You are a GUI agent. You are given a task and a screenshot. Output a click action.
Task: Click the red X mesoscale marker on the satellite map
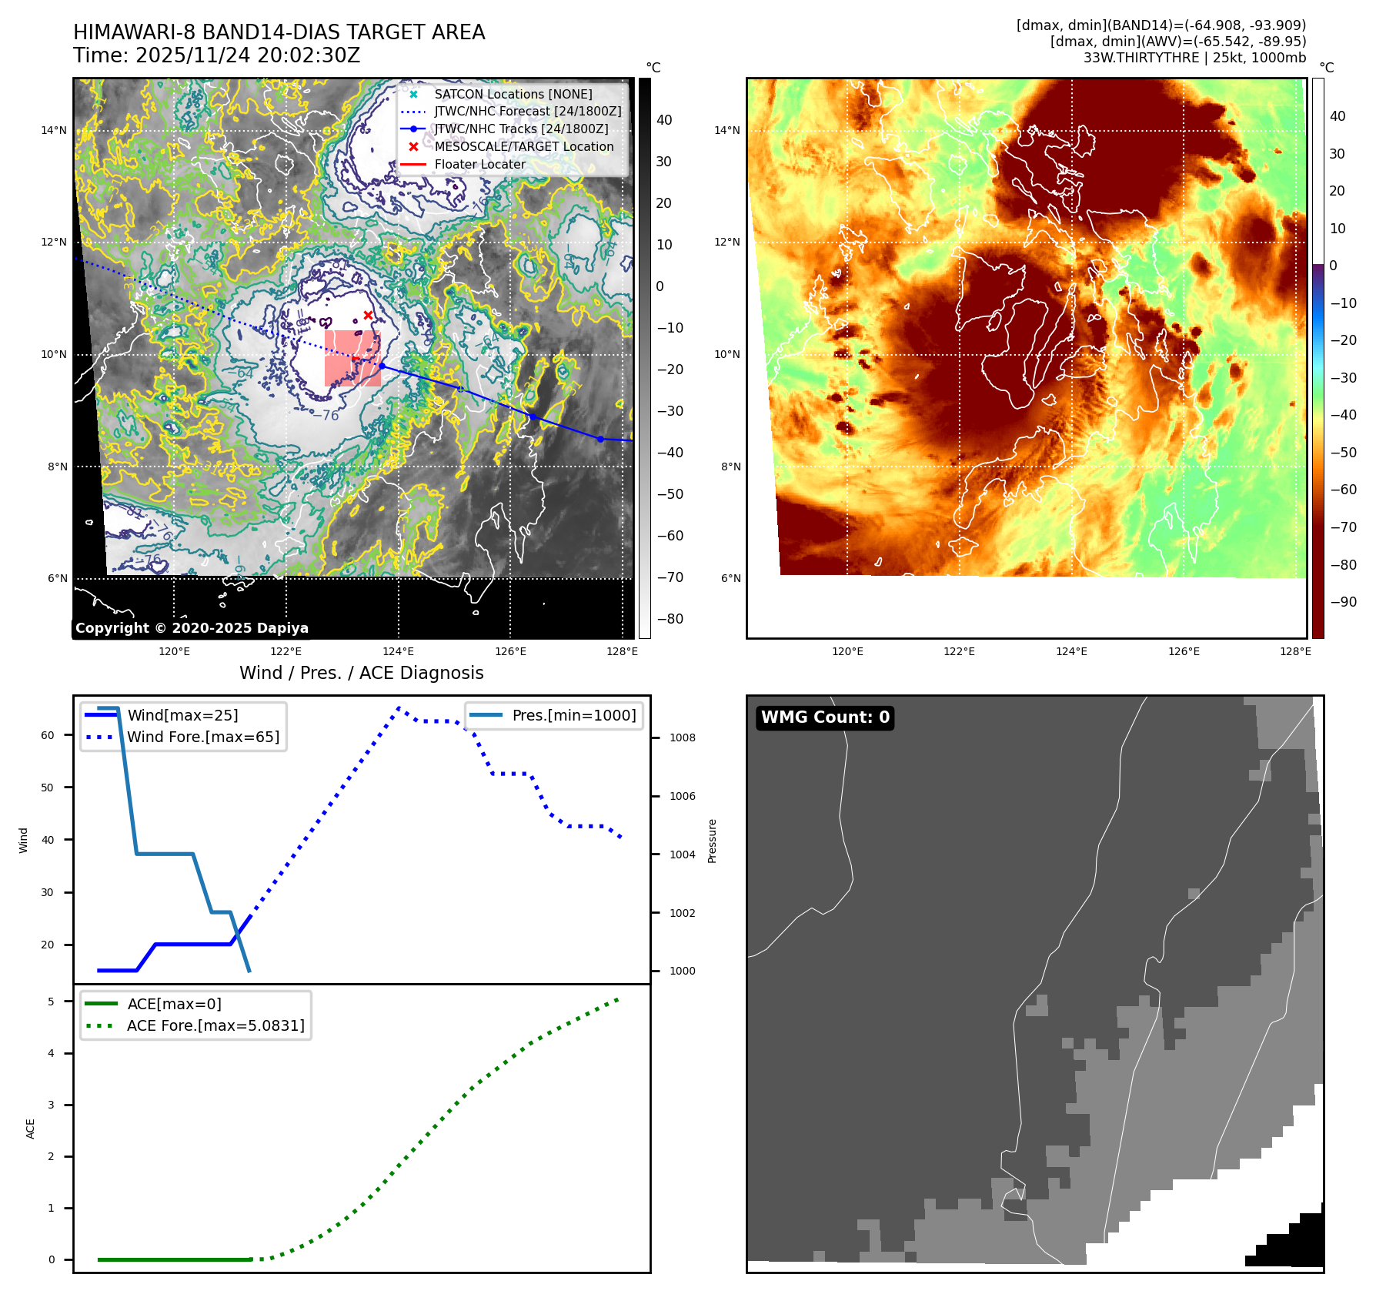click(x=368, y=315)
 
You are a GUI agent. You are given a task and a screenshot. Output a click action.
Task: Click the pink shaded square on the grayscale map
click(x=352, y=358)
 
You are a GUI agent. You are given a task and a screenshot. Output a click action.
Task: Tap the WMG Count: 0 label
click(x=825, y=717)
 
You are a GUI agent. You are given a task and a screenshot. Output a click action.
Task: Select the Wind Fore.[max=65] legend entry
click(x=203, y=737)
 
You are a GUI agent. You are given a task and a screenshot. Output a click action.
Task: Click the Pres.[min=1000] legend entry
click(x=574, y=715)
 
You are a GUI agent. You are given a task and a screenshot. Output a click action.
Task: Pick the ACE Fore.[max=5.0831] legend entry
click(x=215, y=1025)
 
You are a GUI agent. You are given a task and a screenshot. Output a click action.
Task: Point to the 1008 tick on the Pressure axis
click(x=682, y=737)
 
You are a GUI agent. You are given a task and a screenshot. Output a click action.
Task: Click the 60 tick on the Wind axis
click(x=48, y=735)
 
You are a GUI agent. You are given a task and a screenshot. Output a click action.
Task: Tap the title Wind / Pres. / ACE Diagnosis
click(x=362, y=673)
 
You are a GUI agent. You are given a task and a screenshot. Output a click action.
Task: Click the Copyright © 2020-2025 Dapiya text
click(x=192, y=628)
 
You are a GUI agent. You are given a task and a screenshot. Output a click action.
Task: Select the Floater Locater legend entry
click(x=479, y=164)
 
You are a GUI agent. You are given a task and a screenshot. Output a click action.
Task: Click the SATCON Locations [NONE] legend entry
click(x=513, y=94)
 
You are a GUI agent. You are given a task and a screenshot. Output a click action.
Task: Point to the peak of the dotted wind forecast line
click(x=399, y=707)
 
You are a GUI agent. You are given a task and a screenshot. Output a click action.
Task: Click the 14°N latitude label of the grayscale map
click(x=54, y=130)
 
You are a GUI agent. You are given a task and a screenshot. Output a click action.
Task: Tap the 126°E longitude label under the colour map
click(x=1184, y=651)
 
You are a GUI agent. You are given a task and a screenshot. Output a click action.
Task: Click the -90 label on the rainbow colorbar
click(x=1343, y=602)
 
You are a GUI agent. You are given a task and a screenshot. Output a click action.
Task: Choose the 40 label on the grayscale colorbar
click(x=664, y=120)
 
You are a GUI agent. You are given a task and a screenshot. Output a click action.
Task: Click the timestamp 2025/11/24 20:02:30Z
click(x=248, y=55)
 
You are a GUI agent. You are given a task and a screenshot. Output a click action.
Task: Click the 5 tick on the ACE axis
click(x=52, y=1002)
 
